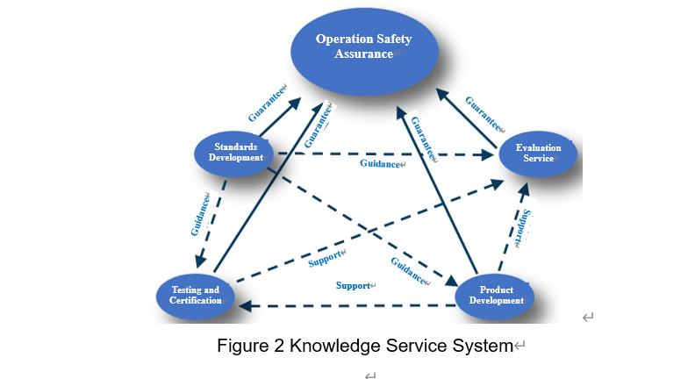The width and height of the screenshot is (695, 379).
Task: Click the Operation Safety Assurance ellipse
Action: [363, 47]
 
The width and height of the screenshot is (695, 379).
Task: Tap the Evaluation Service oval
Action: [538, 154]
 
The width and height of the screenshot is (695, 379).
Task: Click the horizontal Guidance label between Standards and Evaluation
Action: [379, 163]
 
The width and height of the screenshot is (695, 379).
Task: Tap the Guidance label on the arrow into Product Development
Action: [408, 270]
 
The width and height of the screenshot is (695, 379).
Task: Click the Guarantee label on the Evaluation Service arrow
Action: [482, 112]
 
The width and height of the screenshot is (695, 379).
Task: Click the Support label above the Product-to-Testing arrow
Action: [354, 285]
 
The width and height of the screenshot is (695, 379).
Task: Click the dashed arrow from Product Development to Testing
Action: [351, 306]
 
